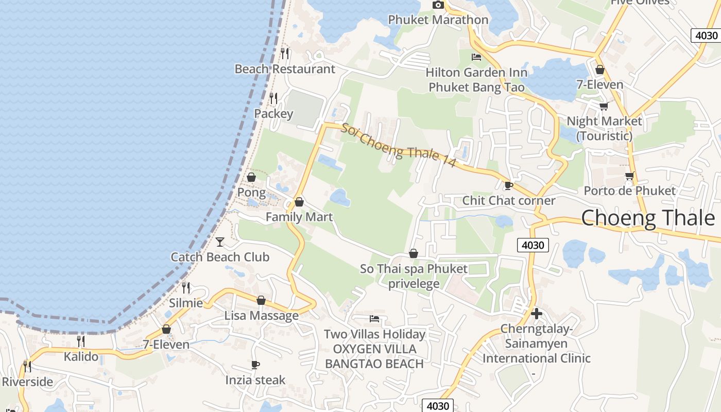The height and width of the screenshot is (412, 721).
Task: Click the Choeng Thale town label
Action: click(648, 218)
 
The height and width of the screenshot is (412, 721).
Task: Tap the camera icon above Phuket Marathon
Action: click(438, 5)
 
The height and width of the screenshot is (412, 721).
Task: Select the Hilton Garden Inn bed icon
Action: click(476, 57)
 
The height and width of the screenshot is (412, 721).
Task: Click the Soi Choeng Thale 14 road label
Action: click(399, 145)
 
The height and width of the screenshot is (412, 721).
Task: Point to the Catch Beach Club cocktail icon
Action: click(220, 242)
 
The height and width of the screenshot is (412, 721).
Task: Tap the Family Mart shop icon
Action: click(299, 202)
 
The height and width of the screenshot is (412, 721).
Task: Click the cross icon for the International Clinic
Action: click(536, 313)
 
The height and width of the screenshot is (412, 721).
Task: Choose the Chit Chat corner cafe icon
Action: click(509, 185)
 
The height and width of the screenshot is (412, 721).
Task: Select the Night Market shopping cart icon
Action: click(604, 106)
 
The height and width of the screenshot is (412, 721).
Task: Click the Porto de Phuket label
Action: click(629, 191)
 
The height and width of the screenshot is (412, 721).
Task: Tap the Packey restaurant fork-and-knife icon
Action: click(273, 98)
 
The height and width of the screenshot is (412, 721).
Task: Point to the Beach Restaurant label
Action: click(285, 69)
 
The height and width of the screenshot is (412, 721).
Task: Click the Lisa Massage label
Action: click(261, 316)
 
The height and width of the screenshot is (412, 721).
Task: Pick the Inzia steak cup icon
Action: click(255, 365)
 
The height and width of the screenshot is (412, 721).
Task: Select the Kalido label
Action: click(81, 356)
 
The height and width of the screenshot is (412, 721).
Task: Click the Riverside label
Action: click(28, 382)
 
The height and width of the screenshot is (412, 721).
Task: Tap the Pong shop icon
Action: click(251, 177)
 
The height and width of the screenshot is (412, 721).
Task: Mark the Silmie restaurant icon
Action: click(186, 287)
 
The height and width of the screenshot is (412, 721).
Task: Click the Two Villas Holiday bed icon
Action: click(374, 319)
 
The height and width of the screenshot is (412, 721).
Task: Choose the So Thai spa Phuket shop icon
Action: click(413, 253)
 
